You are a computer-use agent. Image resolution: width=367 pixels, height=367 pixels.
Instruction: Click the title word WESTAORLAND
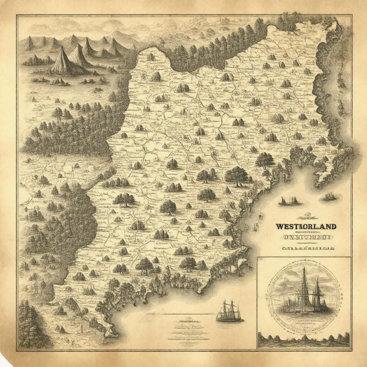pos(306,227)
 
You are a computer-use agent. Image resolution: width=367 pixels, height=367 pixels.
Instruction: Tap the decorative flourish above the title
pos(306,216)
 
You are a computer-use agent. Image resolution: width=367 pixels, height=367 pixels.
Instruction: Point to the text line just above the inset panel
pos(307,248)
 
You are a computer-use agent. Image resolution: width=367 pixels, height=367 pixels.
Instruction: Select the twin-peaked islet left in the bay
pos(289,201)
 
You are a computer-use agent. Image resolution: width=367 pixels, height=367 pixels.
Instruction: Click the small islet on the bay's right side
pos(329,196)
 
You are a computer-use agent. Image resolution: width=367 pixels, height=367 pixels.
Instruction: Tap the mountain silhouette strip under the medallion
pos(304,339)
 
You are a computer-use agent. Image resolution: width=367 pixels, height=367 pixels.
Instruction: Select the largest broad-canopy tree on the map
pos(236,176)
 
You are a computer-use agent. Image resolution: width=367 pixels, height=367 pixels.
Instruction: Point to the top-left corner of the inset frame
pos(257,257)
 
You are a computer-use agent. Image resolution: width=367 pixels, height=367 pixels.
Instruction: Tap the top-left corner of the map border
pos(17,15)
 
